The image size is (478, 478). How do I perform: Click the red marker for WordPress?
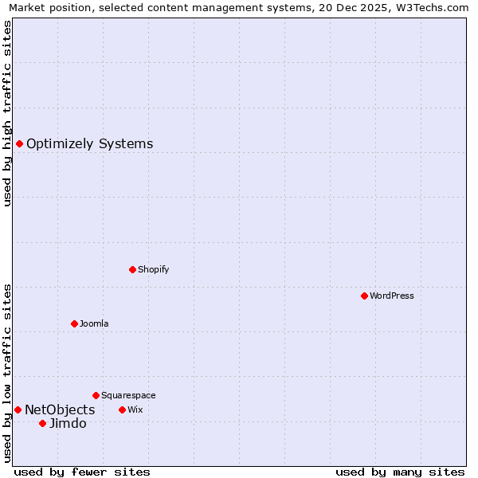[x=364, y=296]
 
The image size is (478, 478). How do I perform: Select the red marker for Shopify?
[x=132, y=269]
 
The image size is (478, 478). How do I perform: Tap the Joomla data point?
[x=74, y=323]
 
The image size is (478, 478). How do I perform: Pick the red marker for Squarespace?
[x=96, y=395]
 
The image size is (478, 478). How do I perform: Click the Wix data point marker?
[x=122, y=409]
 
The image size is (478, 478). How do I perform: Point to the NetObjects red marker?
[x=18, y=409]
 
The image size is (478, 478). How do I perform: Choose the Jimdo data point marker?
[x=42, y=423]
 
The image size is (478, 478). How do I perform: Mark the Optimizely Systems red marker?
[x=19, y=143]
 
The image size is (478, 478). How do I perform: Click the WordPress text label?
[x=392, y=296]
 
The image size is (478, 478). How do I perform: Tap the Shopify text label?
[x=154, y=269]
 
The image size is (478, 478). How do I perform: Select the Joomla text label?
[x=94, y=323]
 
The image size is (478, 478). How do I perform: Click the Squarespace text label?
[x=128, y=395]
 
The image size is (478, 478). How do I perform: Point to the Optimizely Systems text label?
[x=90, y=144]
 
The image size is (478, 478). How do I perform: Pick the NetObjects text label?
[x=60, y=409]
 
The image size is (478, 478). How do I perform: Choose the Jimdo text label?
[x=68, y=423]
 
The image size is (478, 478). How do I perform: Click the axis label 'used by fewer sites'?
[x=82, y=472]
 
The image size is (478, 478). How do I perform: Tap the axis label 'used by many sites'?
[x=400, y=472]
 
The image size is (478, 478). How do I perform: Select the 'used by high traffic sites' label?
[x=7, y=113]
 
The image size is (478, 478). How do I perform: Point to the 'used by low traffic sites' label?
[x=7, y=373]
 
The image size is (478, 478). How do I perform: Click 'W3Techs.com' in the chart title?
[x=434, y=7]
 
